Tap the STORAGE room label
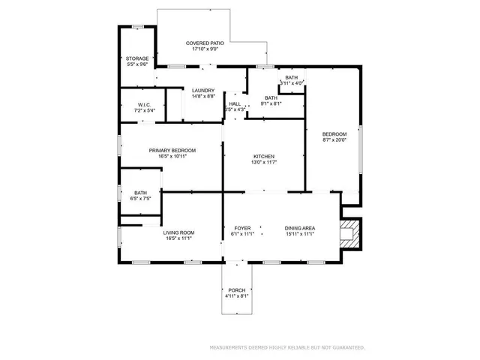click(x=136, y=58)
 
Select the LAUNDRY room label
click(x=203, y=91)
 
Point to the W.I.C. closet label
click(x=145, y=104)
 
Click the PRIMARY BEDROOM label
click(x=172, y=151)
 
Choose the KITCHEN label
click(x=262, y=156)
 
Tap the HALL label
click(x=235, y=103)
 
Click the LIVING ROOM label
click(x=179, y=232)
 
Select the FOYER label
click(x=242, y=228)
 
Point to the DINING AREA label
click(x=299, y=228)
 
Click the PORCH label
click(x=237, y=289)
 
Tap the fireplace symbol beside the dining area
click(x=349, y=232)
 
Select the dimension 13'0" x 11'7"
click(x=262, y=162)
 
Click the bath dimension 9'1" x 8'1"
click(x=271, y=103)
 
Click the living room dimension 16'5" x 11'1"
click(x=179, y=238)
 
